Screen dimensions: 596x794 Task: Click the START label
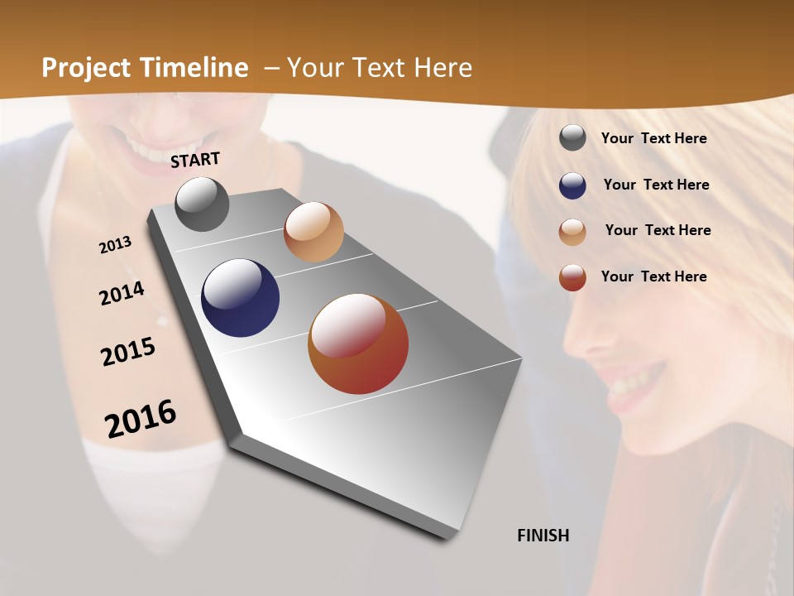coord(195,160)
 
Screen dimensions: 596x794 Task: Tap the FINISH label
coord(543,536)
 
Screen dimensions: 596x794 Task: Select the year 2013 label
coord(115,244)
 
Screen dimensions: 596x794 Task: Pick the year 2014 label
coord(122,293)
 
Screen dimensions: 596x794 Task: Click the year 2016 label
coord(141,418)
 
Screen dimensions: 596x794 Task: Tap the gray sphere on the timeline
coord(202,204)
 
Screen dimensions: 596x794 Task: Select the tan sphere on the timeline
coord(313,232)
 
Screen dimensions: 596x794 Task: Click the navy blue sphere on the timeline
coord(240,298)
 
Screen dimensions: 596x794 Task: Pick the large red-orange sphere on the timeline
coord(358,344)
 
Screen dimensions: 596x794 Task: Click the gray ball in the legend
coord(572,137)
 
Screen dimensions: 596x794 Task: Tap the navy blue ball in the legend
coord(572,185)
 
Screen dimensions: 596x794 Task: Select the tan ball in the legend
coord(572,232)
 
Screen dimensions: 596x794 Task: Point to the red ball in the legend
coord(572,277)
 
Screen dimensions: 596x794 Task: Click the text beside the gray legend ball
coord(653,138)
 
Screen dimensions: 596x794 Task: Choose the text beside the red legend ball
coord(653,276)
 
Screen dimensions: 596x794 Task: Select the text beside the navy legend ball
coord(656,185)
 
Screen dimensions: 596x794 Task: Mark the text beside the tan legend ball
coord(658,230)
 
